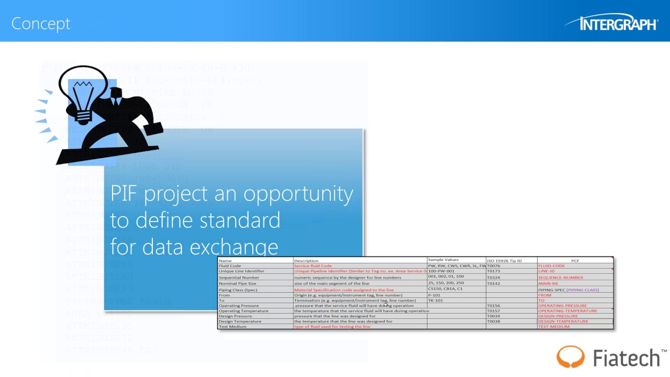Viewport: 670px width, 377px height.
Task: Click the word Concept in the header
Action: [x=40, y=24]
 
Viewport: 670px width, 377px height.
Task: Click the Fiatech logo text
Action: [x=626, y=358]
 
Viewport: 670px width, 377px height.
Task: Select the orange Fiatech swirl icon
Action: [x=570, y=357]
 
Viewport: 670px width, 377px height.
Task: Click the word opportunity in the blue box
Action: [x=298, y=194]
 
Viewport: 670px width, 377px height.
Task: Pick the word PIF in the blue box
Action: [x=124, y=193]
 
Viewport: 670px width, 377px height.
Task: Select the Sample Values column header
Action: [x=443, y=260]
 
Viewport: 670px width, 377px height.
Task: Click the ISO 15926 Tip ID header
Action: [x=504, y=260]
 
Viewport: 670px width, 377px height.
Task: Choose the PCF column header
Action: [x=575, y=260]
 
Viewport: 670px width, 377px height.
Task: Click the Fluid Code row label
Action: [x=230, y=266]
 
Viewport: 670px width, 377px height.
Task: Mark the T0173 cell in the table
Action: [x=493, y=271]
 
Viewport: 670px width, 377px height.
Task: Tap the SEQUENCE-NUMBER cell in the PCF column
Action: [x=560, y=278]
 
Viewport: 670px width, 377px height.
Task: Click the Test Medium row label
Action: [x=232, y=327]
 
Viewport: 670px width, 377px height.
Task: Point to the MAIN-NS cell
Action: [x=548, y=283]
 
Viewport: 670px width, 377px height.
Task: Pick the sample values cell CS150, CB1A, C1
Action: [x=445, y=289]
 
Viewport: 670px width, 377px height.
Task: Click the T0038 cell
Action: [x=493, y=321]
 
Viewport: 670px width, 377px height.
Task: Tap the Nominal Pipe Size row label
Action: [x=237, y=283]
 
